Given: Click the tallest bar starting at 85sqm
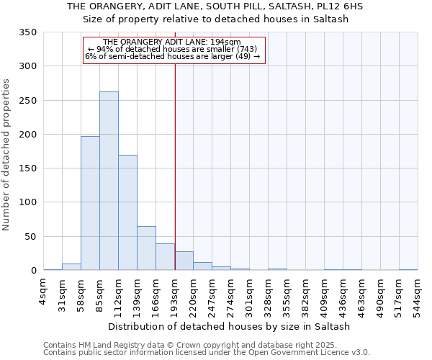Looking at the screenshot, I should click(109, 181).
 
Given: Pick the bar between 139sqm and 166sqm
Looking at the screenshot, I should click(146, 248).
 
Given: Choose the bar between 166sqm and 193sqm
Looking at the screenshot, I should click(165, 257).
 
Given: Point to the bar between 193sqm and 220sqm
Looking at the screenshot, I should click(184, 261).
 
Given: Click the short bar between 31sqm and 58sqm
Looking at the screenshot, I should click(71, 267).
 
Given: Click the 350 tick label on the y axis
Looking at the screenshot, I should click(27, 32).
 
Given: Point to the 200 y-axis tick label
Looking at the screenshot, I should click(27, 135).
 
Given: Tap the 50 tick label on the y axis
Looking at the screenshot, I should click(30, 237).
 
